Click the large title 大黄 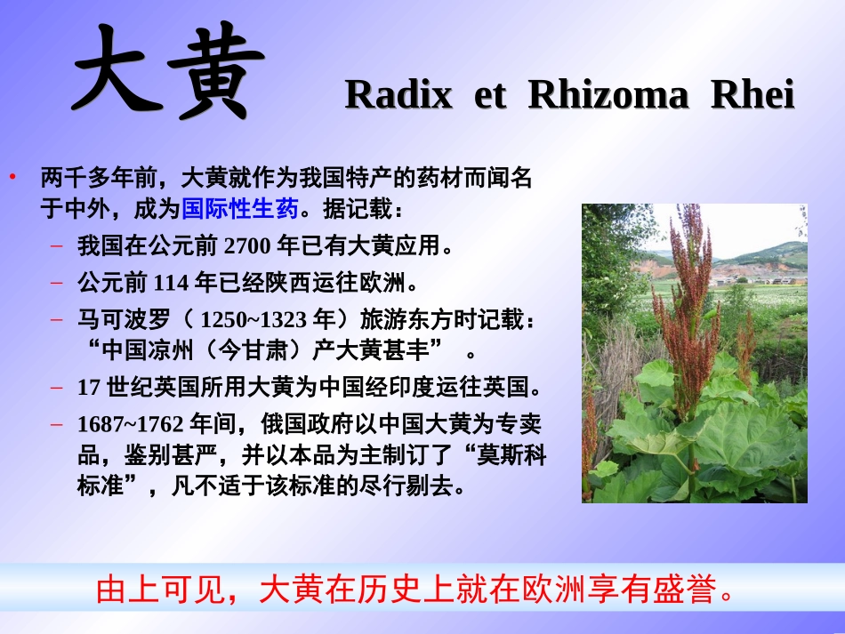click(168, 73)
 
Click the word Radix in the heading click(398, 95)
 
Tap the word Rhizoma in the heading click(608, 95)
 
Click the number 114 click(172, 284)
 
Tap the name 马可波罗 click(124, 320)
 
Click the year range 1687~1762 click(132, 424)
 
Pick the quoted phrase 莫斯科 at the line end click(511, 456)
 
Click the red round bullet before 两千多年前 click(13, 176)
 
